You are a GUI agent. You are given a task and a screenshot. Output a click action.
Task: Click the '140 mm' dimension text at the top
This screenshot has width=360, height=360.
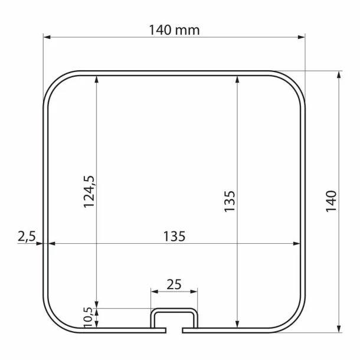[174, 30]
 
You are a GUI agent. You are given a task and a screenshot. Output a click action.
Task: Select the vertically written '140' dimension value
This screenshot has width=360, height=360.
[331, 201]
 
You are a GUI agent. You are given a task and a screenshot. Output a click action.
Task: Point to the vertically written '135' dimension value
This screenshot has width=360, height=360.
[230, 201]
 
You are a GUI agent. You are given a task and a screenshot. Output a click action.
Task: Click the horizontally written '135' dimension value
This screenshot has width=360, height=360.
[174, 236]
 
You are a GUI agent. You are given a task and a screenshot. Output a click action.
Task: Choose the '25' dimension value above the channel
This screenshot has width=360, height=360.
[174, 284]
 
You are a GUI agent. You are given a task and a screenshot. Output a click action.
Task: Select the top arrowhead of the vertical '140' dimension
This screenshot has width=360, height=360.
[339, 76]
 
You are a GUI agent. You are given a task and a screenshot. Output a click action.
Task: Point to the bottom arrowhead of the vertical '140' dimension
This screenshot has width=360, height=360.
[339, 328]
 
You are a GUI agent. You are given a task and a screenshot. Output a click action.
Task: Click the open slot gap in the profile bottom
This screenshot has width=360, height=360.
[174, 328]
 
